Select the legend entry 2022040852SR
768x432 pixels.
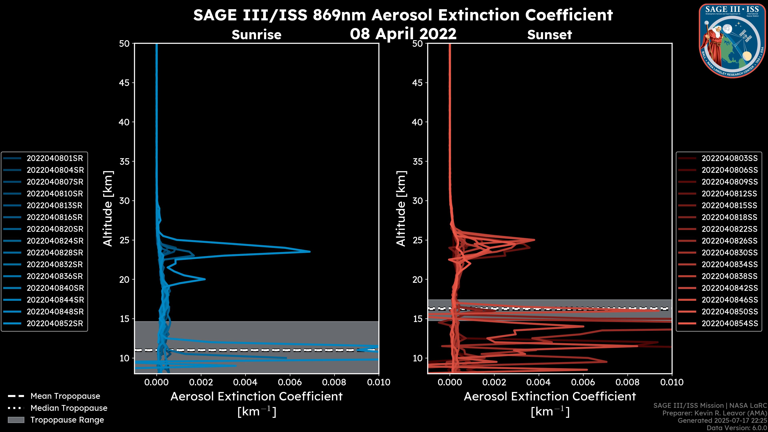[55, 323]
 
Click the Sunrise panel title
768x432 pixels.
[256, 35]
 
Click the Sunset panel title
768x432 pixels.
[549, 35]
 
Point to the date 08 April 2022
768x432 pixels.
[403, 34]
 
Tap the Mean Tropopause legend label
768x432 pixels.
[65, 396]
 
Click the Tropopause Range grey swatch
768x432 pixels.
[16, 420]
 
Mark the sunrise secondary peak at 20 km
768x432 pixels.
[205, 279]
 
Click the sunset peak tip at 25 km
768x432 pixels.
[534, 240]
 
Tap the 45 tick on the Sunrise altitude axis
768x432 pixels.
[125, 83]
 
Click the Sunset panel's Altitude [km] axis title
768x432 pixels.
[401, 209]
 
